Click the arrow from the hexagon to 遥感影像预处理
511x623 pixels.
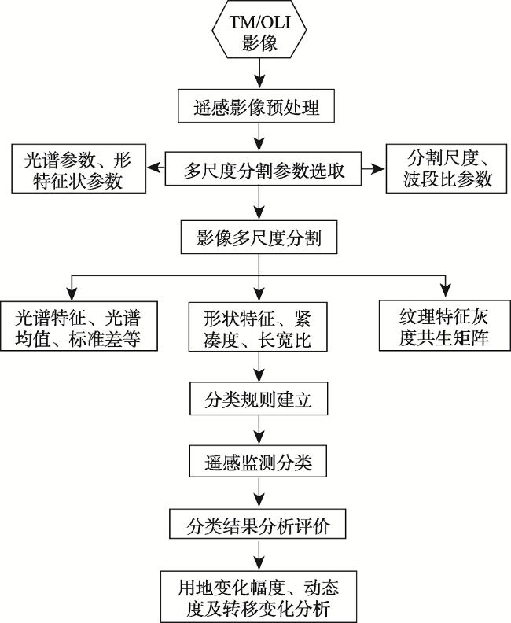[x=259, y=74]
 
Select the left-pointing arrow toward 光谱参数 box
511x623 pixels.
[x=156, y=168]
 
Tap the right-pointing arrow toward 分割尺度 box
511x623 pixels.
[x=373, y=168]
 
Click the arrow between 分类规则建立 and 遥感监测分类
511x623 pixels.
[x=259, y=430]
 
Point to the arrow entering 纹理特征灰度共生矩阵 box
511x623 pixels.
[x=446, y=286]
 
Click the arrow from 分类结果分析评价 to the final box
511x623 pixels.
[x=259, y=555]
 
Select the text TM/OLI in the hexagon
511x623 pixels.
[x=259, y=22]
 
